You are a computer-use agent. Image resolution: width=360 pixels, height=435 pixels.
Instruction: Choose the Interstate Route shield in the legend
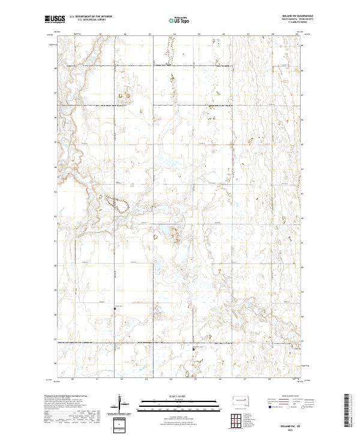point(269,407)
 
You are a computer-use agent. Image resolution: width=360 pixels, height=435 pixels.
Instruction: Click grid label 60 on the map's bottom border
point(73,379)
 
